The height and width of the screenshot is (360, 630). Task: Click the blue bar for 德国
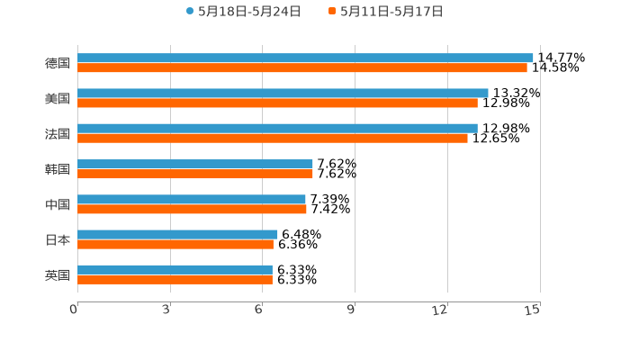[305, 58]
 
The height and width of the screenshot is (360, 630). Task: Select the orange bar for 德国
[302, 67]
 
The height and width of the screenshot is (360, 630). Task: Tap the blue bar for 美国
[283, 93]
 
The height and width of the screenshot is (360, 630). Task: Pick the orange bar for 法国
[273, 138]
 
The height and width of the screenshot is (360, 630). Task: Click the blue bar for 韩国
[195, 164]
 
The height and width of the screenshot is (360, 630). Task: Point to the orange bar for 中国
[192, 209]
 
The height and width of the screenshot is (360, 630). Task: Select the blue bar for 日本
[177, 234]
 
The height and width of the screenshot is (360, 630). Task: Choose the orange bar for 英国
[175, 279]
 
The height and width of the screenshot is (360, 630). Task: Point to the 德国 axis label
[58, 63]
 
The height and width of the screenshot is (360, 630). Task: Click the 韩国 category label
[58, 169]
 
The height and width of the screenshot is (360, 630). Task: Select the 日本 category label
[58, 239]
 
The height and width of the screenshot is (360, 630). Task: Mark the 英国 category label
[58, 274]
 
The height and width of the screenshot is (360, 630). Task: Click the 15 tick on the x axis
[533, 310]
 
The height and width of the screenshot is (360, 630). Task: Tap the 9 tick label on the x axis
[351, 310]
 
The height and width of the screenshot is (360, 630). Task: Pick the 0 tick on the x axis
[74, 310]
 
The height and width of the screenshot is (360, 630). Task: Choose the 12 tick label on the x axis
[440, 310]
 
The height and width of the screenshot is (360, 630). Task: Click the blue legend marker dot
[190, 12]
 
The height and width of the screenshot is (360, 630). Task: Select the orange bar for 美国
[277, 103]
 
